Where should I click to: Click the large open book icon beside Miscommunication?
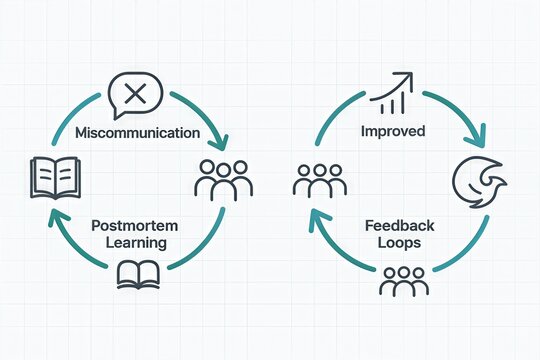(49, 177)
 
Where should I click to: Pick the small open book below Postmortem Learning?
(137, 273)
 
